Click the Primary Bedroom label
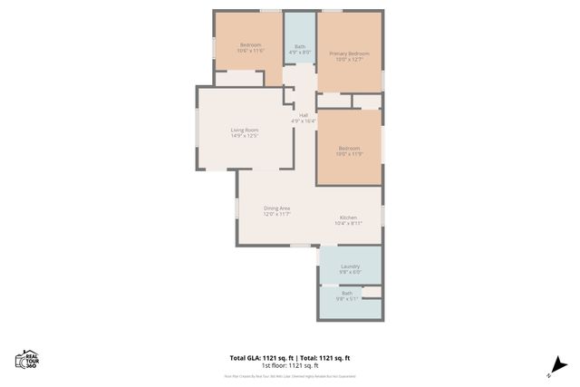349,53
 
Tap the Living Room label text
245,131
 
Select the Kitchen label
349,218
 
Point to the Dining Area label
276,208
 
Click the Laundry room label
350,266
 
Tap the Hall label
303,114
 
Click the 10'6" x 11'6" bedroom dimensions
250,52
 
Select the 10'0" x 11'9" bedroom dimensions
349,154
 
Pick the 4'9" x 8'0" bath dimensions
300,52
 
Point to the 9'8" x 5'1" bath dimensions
349,298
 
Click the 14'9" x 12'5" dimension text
245,137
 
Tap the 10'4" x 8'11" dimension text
349,224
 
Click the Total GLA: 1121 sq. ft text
258,357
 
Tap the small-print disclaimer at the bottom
289,375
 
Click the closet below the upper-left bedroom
238,78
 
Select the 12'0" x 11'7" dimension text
276,215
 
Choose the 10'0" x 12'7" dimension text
349,60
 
